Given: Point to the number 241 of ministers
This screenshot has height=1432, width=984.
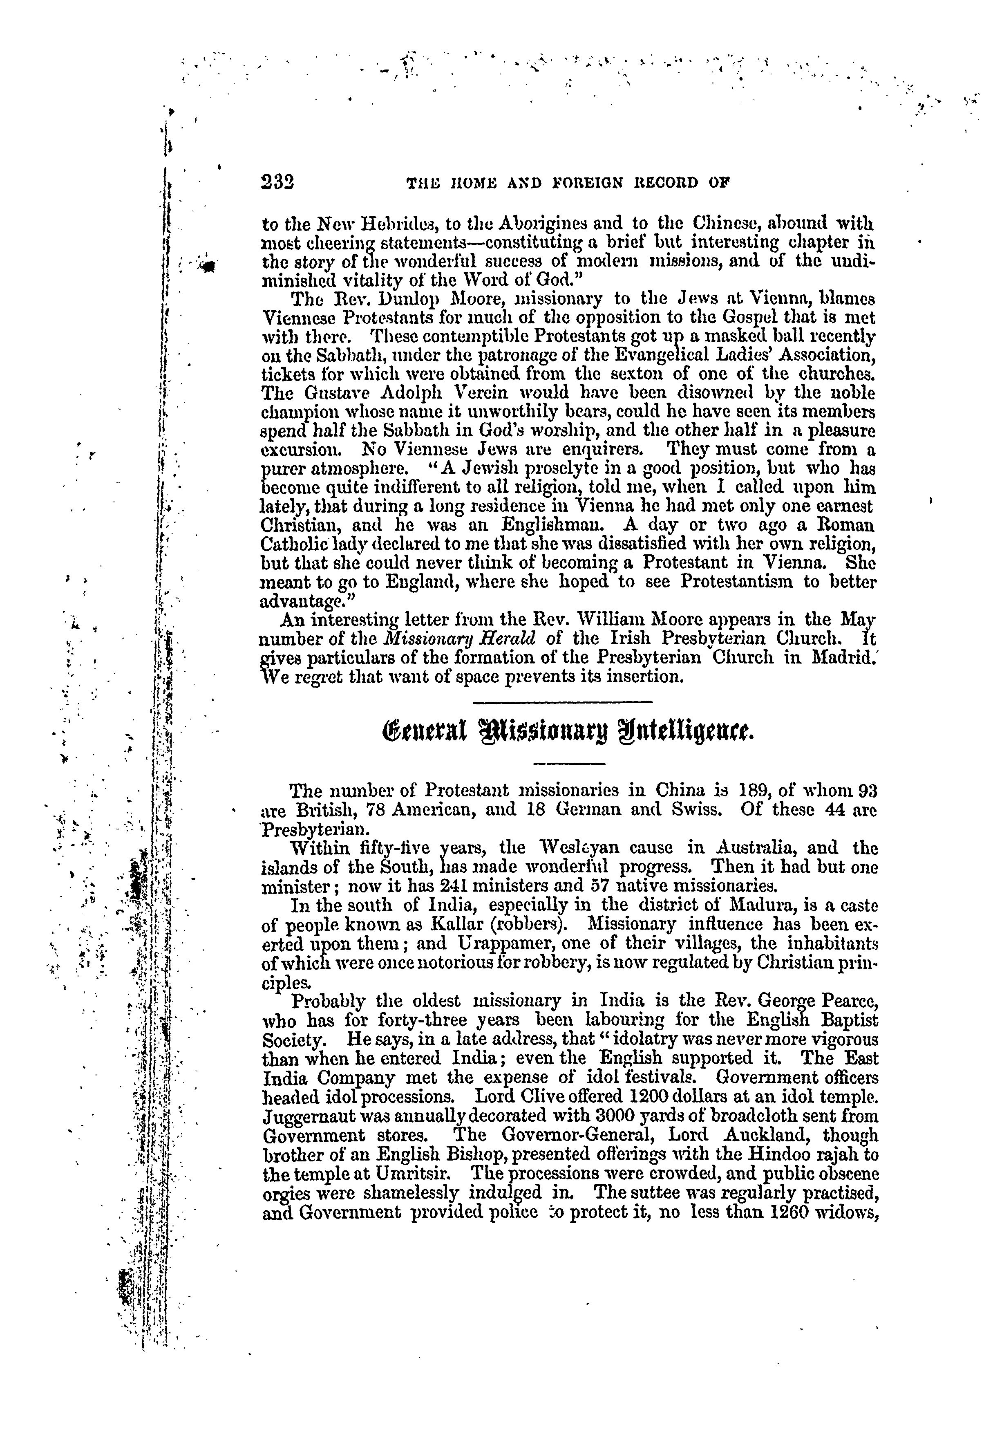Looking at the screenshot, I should click(440, 886).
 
